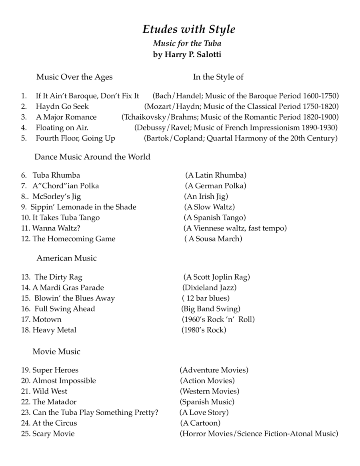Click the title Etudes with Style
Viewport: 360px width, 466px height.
[x=188, y=29]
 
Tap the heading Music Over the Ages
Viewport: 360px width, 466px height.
[x=74, y=77]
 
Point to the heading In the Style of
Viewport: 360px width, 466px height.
[x=218, y=77]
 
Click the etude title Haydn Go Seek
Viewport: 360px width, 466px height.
[x=62, y=106]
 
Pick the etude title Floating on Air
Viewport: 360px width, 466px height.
[x=62, y=128]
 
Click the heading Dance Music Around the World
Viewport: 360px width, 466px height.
[x=92, y=157]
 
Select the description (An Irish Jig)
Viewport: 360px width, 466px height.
[x=206, y=196]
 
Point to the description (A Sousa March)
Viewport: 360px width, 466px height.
[x=213, y=239]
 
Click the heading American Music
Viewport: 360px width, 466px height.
[x=67, y=258]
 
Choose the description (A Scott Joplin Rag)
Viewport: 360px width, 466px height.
[x=216, y=277]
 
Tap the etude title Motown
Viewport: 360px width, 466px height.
[x=47, y=319]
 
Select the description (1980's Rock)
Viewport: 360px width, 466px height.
[x=204, y=330]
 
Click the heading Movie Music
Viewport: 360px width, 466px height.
[x=56, y=352]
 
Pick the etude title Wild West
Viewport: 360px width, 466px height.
[x=50, y=391]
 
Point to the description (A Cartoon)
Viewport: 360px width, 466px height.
[x=200, y=423]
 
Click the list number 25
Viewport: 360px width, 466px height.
[x=26, y=434]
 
